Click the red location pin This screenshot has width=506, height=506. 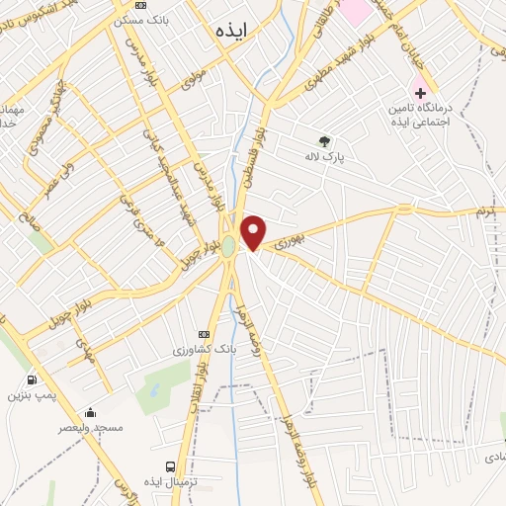click(x=254, y=232)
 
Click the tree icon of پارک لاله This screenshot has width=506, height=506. click(x=324, y=140)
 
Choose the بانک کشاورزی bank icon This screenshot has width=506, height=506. click(x=205, y=334)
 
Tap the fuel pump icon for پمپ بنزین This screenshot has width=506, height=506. click(x=33, y=379)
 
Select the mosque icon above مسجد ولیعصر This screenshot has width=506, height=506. click(x=91, y=413)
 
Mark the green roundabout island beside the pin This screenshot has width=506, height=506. click(x=228, y=245)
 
